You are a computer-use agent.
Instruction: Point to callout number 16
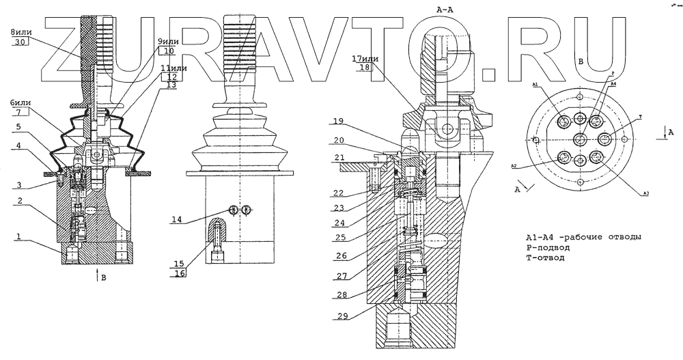tap(180, 273)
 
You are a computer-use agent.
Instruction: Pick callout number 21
tap(340, 158)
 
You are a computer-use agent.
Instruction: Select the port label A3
tap(645, 195)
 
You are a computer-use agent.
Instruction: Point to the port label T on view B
tap(640, 117)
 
